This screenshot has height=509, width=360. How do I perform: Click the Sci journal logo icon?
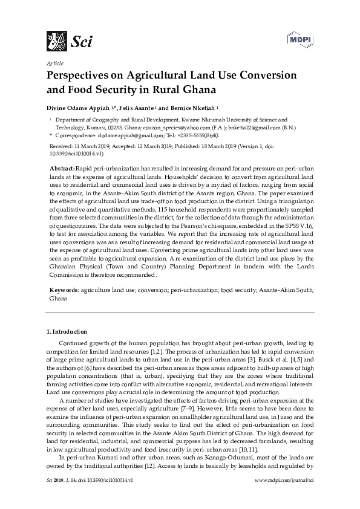[x=57, y=41]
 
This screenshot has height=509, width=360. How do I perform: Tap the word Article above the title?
[x=54, y=63]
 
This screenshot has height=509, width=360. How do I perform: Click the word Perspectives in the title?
[x=78, y=76]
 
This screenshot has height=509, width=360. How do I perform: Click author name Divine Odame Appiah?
[x=79, y=107]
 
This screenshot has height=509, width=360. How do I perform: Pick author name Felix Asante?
[x=137, y=107]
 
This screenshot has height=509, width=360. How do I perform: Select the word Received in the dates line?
[x=60, y=146]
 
